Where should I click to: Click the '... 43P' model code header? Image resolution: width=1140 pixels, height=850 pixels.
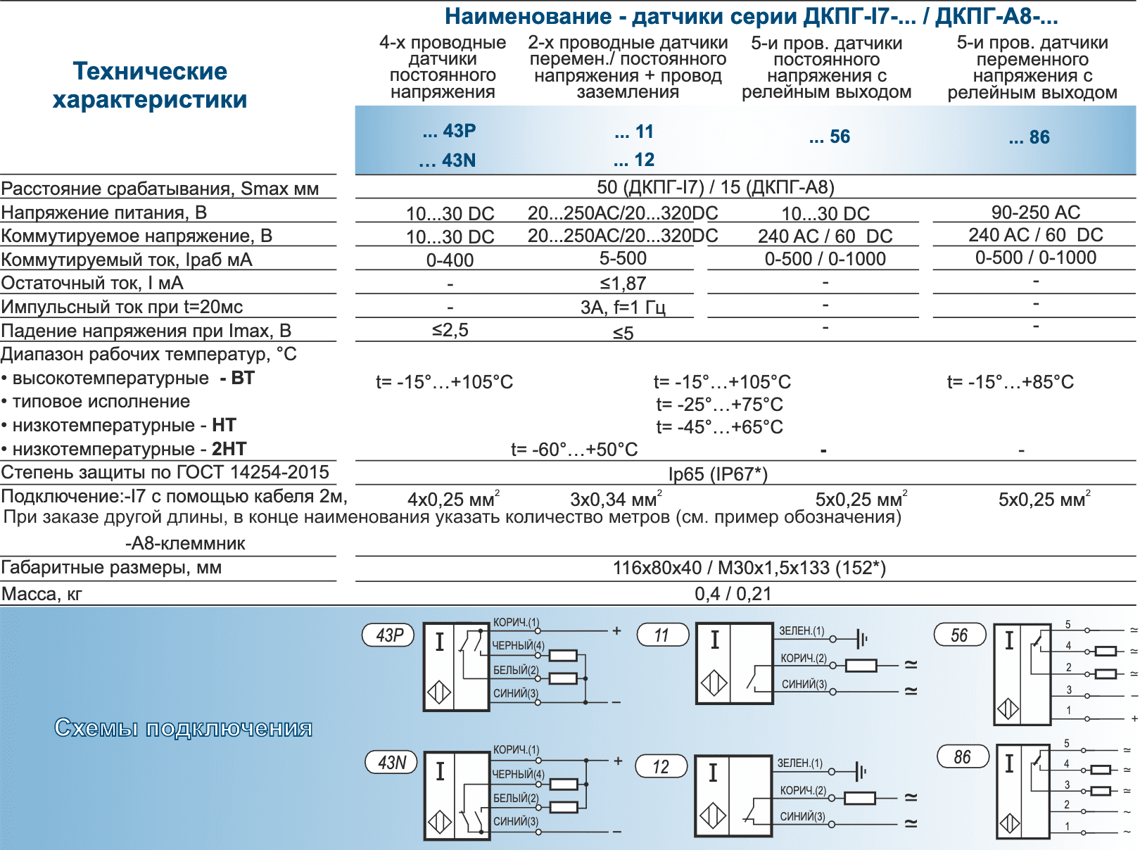click(x=449, y=131)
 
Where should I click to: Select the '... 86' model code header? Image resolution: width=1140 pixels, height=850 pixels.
click(x=1029, y=137)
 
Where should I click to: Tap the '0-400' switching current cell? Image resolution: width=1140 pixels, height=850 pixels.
click(x=450, y=260)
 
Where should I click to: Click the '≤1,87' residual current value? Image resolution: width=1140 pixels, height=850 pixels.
click(x=623, y=284)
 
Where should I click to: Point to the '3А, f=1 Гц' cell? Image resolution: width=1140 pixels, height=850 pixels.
click(x=623, y=307)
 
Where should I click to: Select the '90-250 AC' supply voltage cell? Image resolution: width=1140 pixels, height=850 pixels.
click(x=1035, y=212)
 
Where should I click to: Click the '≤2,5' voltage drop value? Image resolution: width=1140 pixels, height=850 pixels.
click(x=450, y=330)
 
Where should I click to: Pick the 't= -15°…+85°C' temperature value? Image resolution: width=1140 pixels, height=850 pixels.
click(x=1010, y=382)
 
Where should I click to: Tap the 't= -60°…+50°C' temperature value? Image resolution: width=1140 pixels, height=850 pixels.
click(x=574, y=450)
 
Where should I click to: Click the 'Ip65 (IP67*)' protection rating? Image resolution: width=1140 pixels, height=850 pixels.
click(x=718, y=474)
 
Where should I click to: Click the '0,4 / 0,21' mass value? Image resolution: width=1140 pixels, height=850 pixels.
click(x=733, y=594)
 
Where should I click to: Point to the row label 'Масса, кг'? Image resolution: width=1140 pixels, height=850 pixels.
click(x=42, y=595)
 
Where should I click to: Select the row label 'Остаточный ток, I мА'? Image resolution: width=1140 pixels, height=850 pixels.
click(x=92, y=284)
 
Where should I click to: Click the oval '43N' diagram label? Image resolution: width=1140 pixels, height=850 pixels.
click(x=391, y=763)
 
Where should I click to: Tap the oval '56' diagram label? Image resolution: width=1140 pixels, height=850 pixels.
click(x=959, y=635)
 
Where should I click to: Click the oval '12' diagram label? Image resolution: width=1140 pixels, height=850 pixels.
click(x=661, y=767)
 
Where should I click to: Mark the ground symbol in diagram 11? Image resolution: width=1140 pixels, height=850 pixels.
click(x=862, y=639)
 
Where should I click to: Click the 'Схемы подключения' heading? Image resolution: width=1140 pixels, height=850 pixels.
click(x=183, y=728)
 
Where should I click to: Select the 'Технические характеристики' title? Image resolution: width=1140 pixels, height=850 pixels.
click(x=150, y=85)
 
